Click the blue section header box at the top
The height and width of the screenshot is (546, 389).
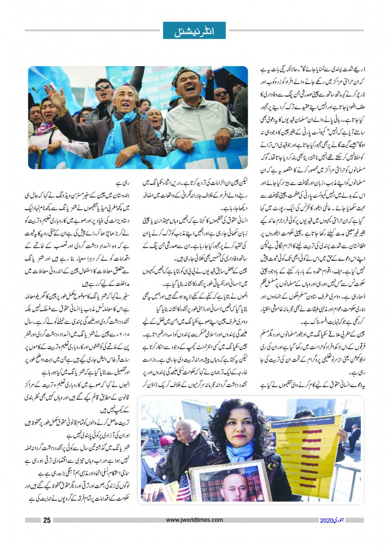point(194,30)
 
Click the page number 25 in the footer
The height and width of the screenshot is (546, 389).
point(46,520)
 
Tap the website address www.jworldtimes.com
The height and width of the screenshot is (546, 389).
point(194,520)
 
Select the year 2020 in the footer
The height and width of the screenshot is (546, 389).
point(329,520)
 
